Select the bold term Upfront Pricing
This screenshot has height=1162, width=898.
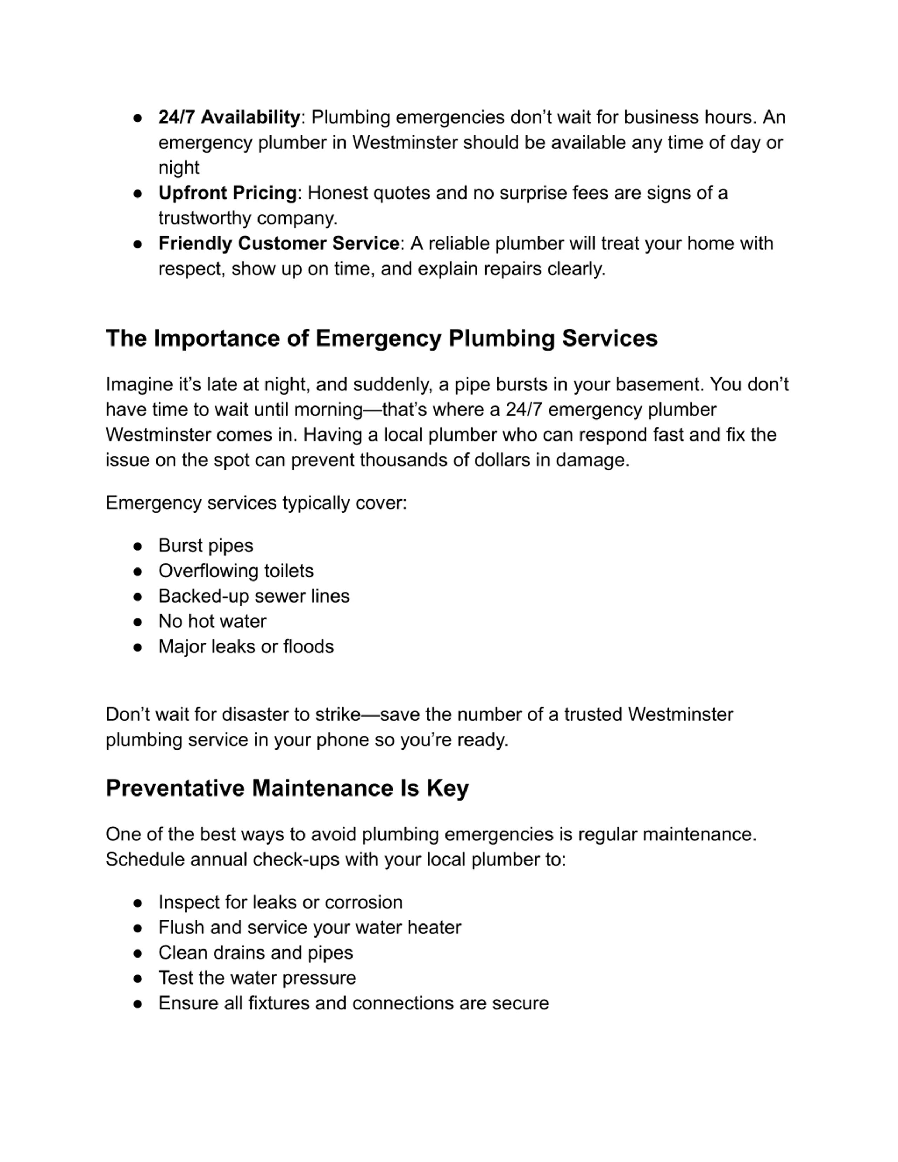click(227, 193)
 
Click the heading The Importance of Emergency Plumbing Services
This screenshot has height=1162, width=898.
click(381, 338)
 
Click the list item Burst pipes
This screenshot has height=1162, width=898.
click(205, 546)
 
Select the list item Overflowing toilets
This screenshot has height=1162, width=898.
click(236, 571)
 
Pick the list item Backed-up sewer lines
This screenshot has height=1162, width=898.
click(254, 596)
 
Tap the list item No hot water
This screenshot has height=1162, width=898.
click(212, 622)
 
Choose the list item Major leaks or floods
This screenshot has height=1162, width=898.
click(246, 647)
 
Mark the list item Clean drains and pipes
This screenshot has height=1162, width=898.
click(255, 953)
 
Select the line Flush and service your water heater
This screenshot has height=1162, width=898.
click(310, 928)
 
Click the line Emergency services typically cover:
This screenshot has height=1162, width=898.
click(256, 503)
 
